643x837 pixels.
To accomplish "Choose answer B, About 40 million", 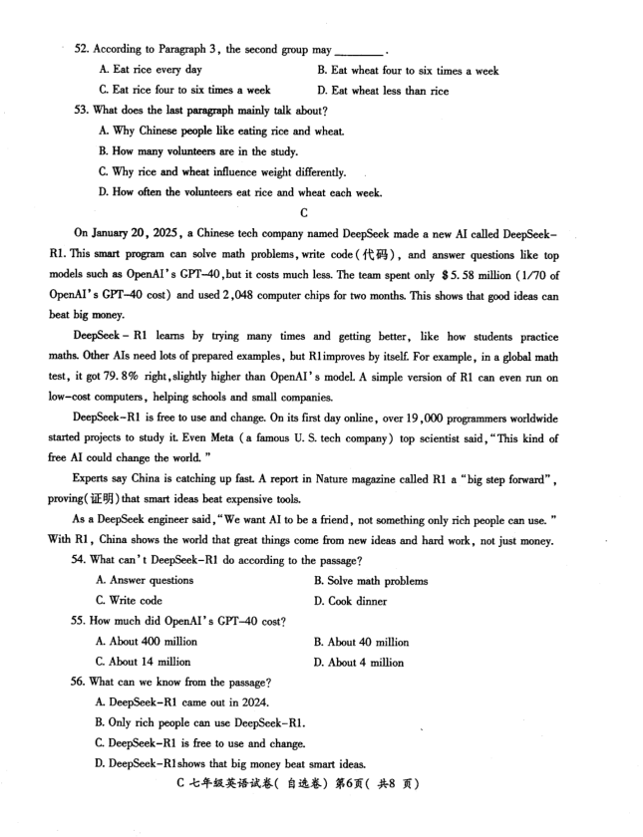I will tap(361, 642).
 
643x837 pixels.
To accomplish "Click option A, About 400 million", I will tap(146, 642).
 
